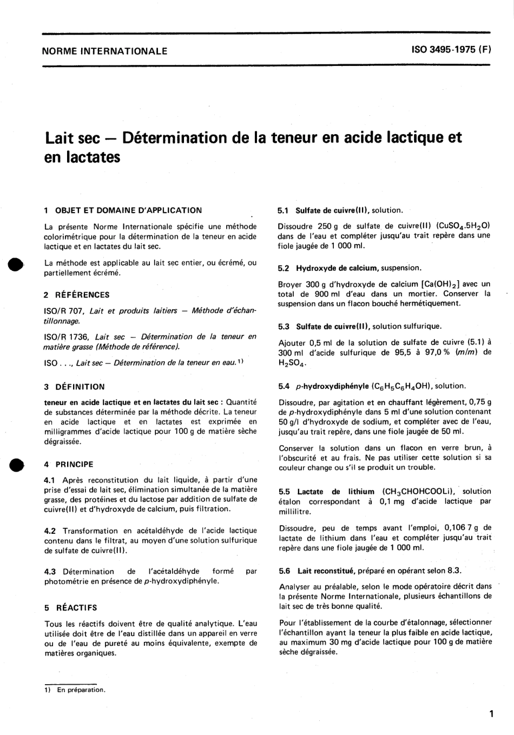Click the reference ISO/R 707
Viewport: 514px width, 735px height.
(64, 310)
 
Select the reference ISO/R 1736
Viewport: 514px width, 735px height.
(67, 336)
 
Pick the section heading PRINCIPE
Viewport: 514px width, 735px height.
(74, 464)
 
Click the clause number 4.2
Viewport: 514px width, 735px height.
(50, 531)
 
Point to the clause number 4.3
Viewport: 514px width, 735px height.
(50, 571)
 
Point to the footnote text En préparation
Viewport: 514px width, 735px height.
(81, 690)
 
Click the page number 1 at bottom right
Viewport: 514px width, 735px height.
(491, 714)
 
